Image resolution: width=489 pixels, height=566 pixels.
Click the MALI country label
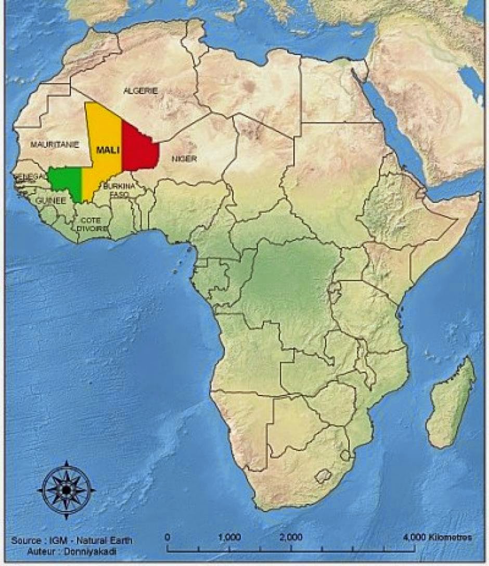tap(108, 150)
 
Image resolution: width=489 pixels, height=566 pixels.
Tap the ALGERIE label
tap(140, 91)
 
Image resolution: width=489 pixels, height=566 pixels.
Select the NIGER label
tap(184, 158)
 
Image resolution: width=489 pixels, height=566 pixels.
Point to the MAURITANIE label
tap(54, 145)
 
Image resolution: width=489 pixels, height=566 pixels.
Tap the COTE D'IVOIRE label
tap(93, 224)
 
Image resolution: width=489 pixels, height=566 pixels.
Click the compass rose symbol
tap(66, 490)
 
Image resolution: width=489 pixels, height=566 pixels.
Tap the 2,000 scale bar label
tap(291, 537)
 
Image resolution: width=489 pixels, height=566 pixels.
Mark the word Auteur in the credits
tap(42, 550)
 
